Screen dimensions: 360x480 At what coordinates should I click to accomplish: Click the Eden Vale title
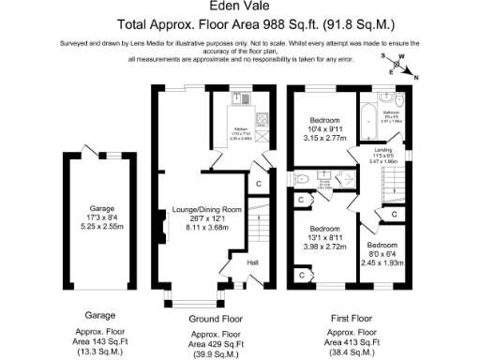click(240, 6)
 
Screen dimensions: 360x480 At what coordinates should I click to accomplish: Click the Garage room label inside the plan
click(101, 207)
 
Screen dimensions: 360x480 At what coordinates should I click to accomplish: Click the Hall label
click(252, 263)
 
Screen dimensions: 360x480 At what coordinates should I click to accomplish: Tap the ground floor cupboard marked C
click(257, 183)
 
